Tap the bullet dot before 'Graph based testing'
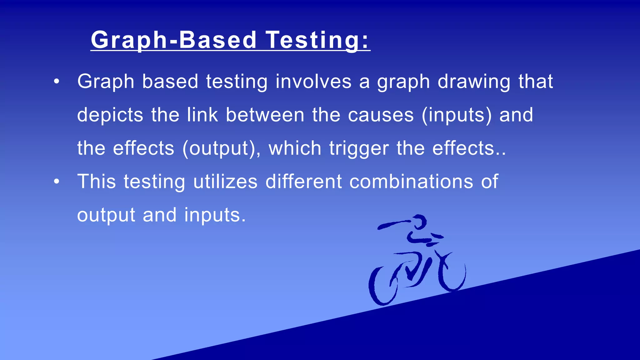point(56,82)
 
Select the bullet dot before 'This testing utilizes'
point(56,182)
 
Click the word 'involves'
point(313,82)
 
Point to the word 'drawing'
point(474,82)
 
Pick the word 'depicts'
point(110,115)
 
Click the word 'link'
point(202,115)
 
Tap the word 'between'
point(265,115)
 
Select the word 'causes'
point(381,115)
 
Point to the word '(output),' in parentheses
point(221,148)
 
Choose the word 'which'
point(295,148)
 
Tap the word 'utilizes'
point(225,182)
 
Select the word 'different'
point(303,182)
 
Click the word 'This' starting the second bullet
point(96,182)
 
